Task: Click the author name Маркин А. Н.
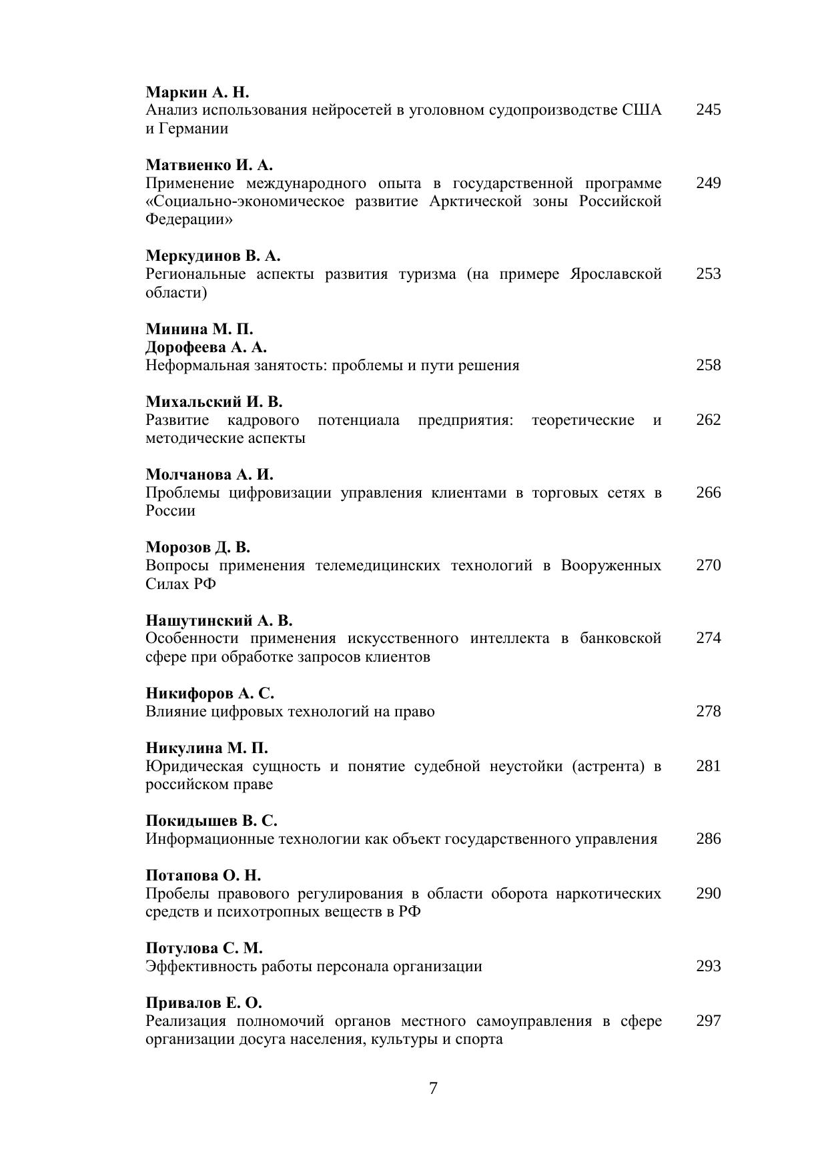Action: pyautogui.click(x=197, y=92)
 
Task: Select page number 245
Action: pyautogui.click(x=708, y=110)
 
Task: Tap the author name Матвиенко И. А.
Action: pyautogui.click(x=209, y=165)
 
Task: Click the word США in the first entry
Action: pyautogui.click(x=642, y=110)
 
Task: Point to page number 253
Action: pyautogui.click(x=708, y=274)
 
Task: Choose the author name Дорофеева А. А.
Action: pyautogui.click(x=206, y=348)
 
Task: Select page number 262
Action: pyautogui.click(x=708, y=420)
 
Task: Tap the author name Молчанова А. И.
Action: pyautogui.click(x=210, y=475)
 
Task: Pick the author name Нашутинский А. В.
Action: pyautogui.click(x=219, y=621)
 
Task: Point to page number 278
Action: pyautogui.click(x=708, y=712)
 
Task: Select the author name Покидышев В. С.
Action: pyautogui.click(x=212, y=821)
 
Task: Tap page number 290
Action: pyautogui.click(x=708, y=894)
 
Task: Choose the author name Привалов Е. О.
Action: pyautogui.click(x=203, y=1003)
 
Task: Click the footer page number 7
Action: pyautogui.click(x=433, y=1089)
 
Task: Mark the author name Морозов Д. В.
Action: pyautogui.click(x=197, y=548)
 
